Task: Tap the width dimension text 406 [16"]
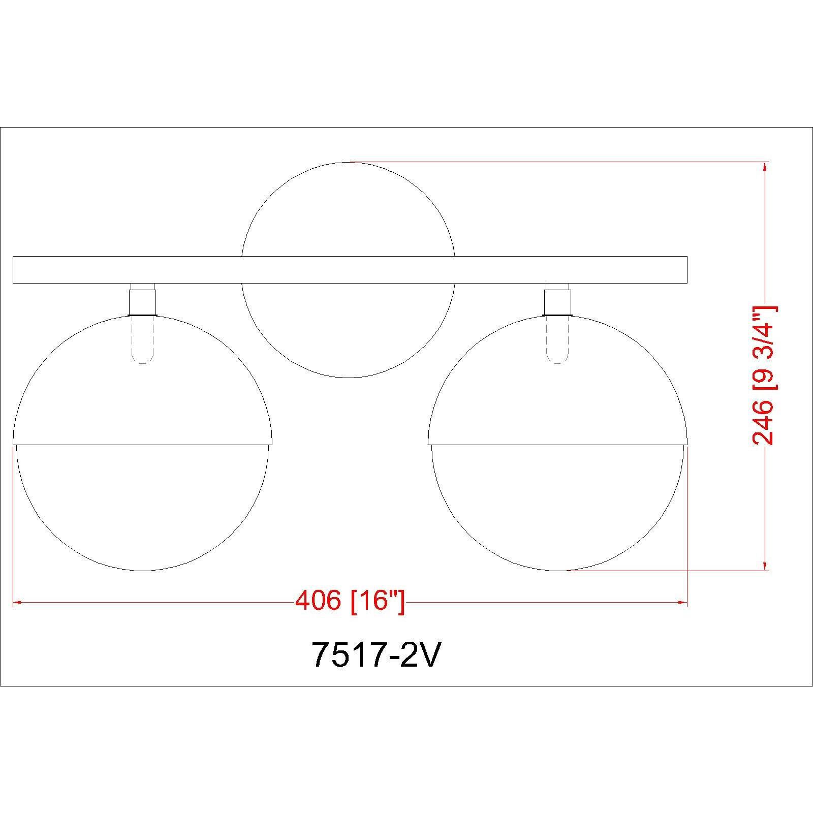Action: click(350, 602)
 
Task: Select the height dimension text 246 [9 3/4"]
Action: click(764, 376)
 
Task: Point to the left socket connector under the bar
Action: click(142, 302)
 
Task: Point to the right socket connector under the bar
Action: click(557, 302)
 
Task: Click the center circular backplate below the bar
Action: click(349, 330)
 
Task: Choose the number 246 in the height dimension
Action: click(764, 422)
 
